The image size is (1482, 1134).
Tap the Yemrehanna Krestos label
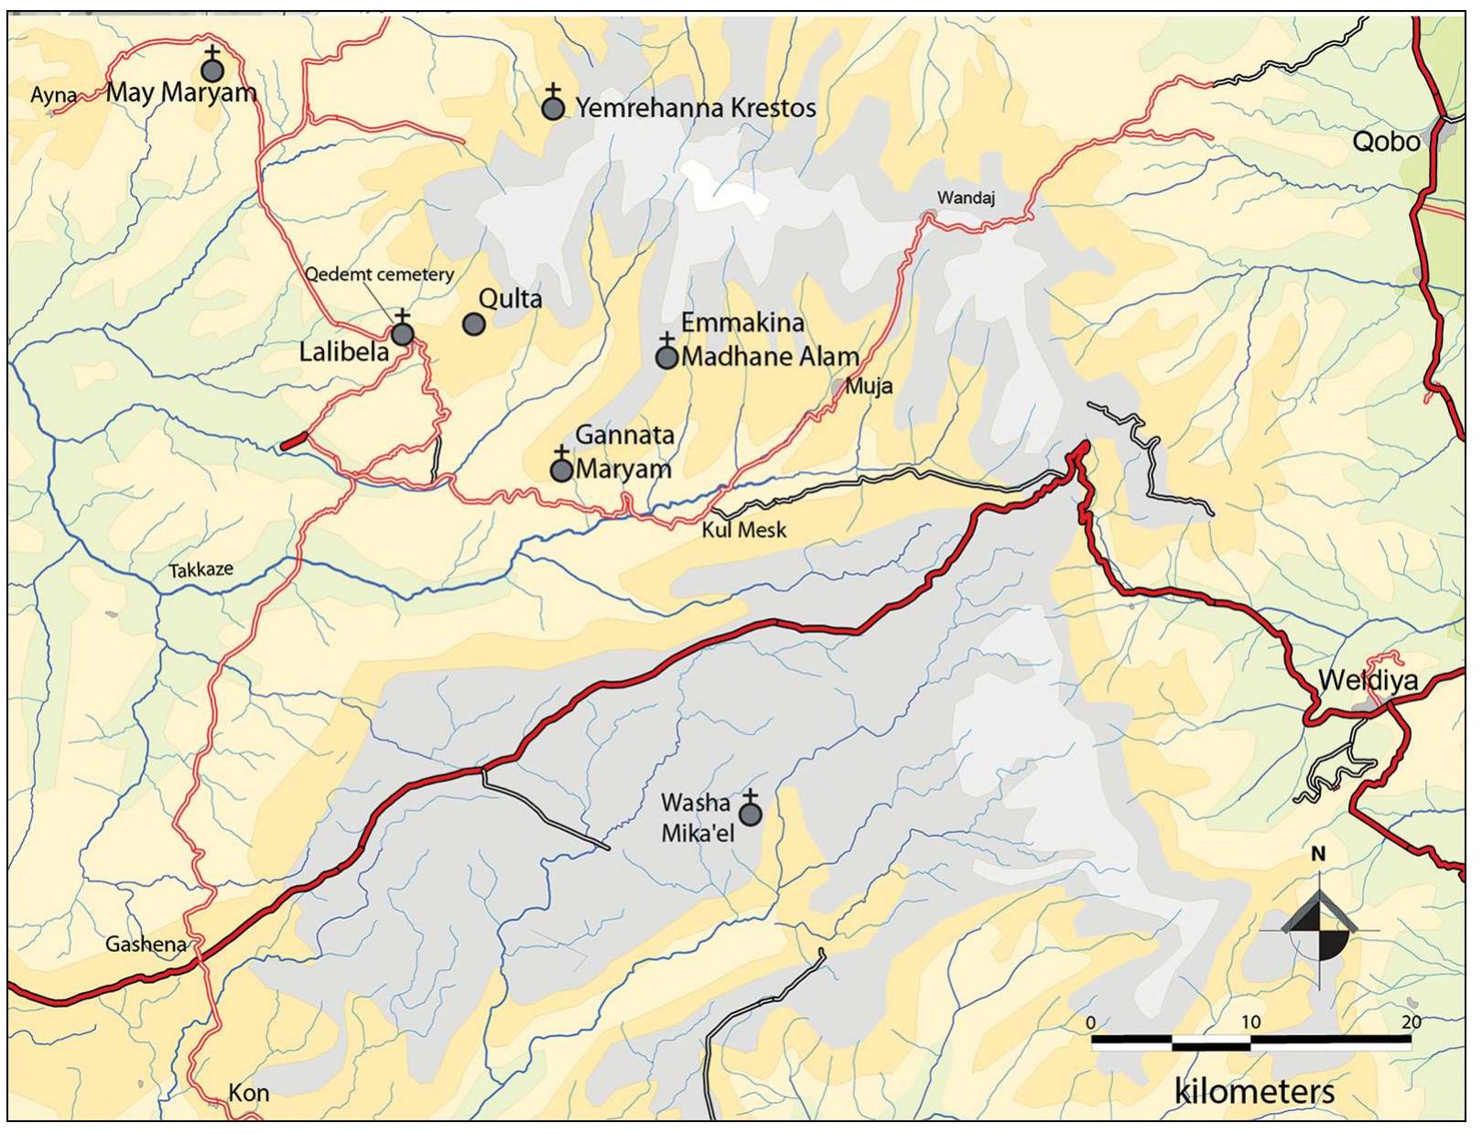coord(695,108)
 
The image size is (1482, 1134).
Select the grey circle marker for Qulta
coord(473,324)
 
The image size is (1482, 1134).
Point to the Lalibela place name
coord(344,351)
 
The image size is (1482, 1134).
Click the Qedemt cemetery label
coord(379,274)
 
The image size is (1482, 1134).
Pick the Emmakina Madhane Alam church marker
coord(667,356)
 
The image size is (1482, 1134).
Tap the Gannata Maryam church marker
coord(561,470)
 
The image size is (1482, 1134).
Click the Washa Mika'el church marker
coord(751,814)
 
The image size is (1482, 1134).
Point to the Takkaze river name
coord(200,569)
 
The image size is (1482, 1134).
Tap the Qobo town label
coord(1386,141)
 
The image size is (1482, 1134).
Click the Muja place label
coord(868,386)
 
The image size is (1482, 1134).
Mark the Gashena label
coord(146,944)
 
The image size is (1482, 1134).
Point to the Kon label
coord(248,1092)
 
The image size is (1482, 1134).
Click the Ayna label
coord(53,94)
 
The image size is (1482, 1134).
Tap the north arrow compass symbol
coord(1319,928)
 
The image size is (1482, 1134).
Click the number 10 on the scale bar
coord(1250,1021)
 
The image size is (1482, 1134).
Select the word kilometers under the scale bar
coord(1254,1091)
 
